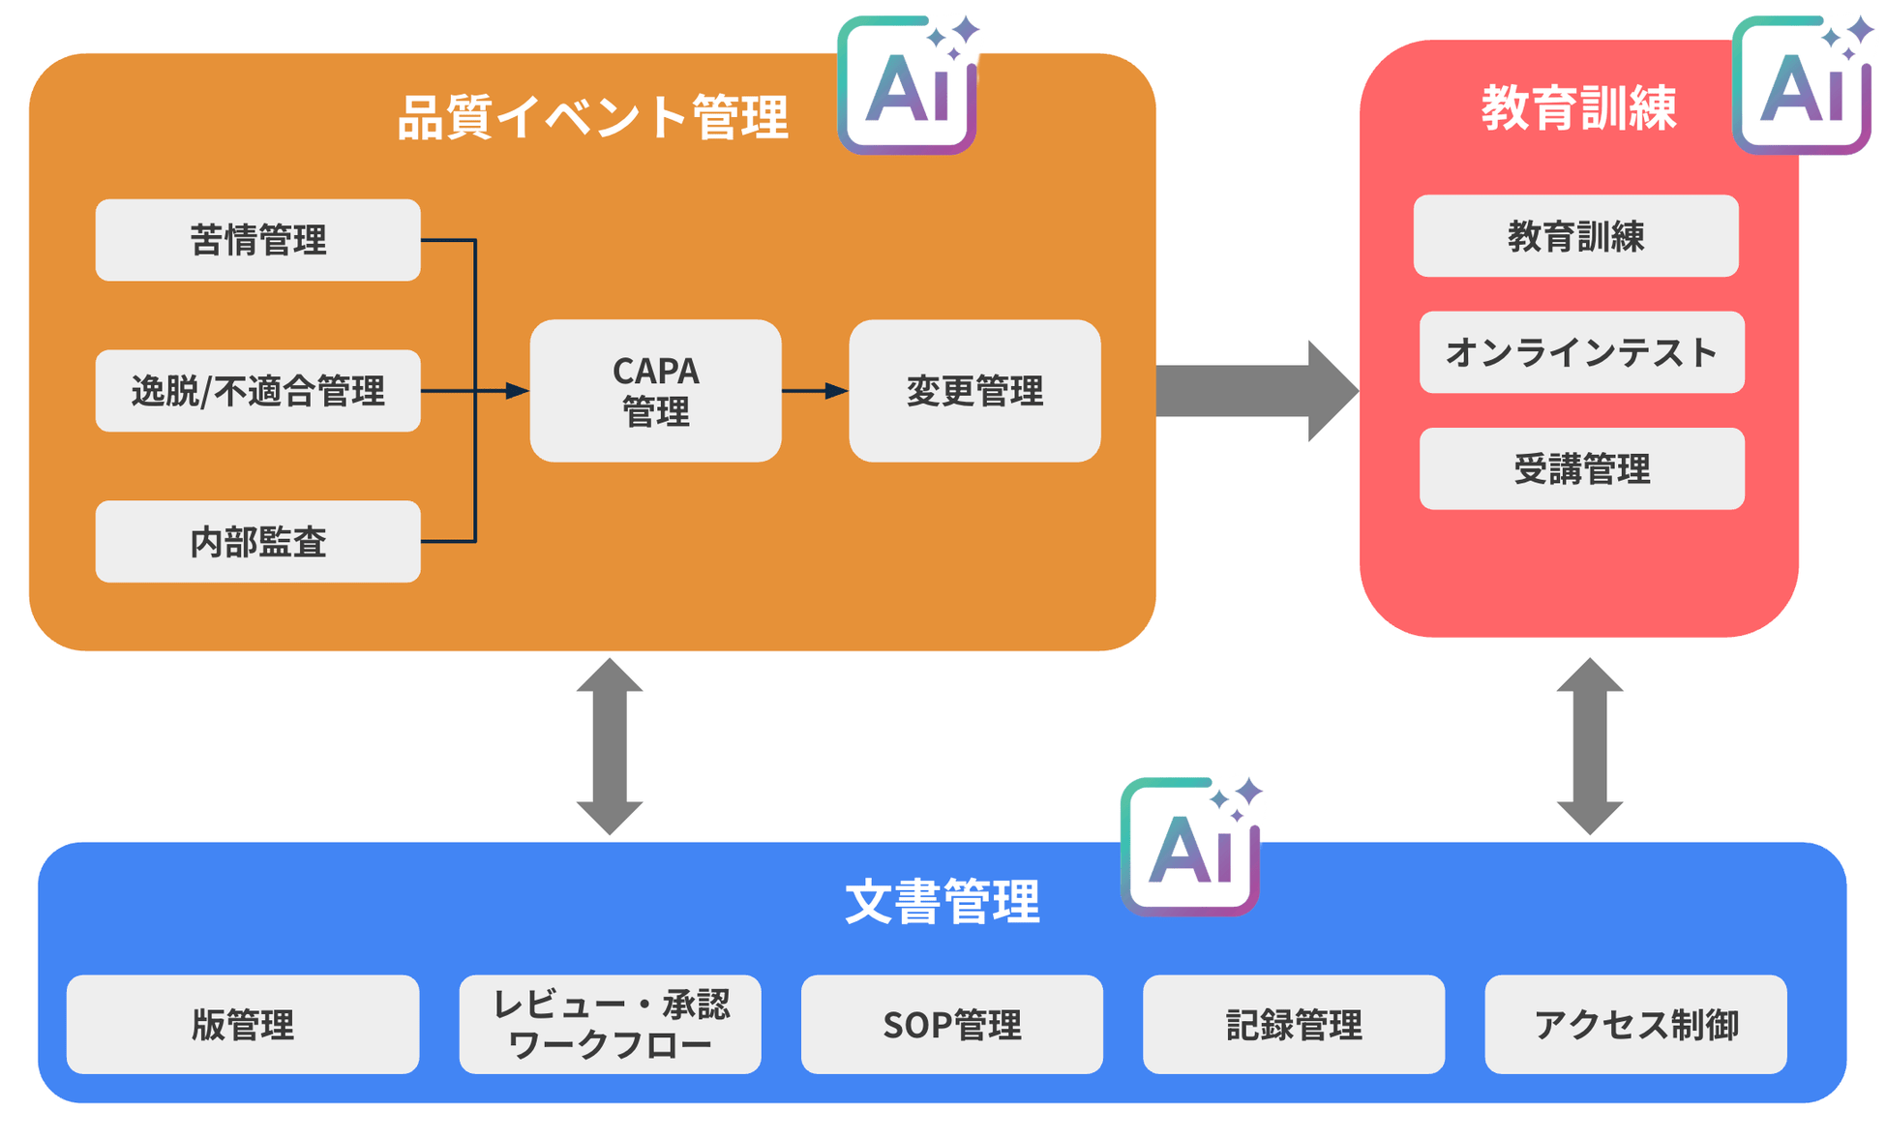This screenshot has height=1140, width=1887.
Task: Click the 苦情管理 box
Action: (257, 240)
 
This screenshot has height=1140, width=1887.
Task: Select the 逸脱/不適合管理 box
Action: (257, 391)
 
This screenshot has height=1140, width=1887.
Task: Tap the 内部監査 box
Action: (257, 541)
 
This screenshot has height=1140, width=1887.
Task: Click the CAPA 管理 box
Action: (655, 391)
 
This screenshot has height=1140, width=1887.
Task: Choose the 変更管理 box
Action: (974, 391)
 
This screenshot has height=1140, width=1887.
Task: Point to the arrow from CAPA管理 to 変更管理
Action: (814, 391)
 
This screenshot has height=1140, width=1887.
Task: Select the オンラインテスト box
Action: (1581, 352)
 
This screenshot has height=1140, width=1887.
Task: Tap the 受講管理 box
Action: (1581, 468)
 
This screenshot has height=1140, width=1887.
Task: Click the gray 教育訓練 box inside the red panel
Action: (1575, 236)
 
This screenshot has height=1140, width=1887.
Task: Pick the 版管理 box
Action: (242, 1024)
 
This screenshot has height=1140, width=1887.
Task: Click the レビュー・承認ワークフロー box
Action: (610, 1024)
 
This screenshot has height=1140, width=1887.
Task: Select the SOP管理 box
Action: (951, 1024)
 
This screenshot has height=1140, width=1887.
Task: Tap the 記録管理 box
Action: (1293, 1024)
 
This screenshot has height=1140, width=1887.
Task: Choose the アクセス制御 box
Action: (1635, 1024)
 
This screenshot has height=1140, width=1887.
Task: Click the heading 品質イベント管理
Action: (592, 117)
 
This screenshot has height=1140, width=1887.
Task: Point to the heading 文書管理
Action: (942, 901)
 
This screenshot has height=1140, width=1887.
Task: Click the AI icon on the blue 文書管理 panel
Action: (1190, 847)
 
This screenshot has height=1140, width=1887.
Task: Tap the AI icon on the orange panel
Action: (908, 85)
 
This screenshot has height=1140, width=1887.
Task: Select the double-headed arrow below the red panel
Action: (1589, 746)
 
